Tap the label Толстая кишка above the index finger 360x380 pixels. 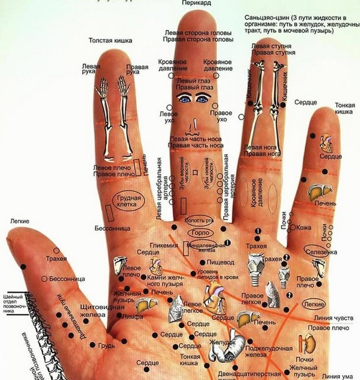(110, 41)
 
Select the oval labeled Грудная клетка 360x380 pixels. (127, 202)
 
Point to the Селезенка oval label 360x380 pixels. (321, 251)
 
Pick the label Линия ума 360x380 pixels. (338, 376)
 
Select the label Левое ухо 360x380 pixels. (168, 117)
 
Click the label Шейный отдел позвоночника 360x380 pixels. (15, 298)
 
